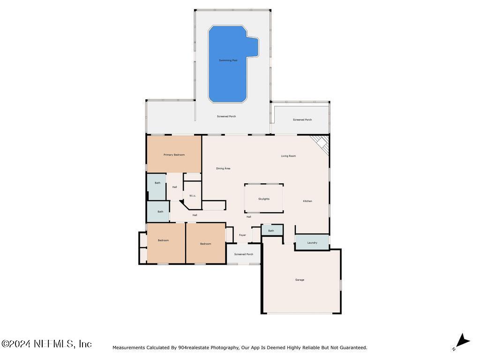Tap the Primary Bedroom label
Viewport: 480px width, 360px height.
174,155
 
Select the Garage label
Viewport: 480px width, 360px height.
300,280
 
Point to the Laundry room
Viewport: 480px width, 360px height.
312,242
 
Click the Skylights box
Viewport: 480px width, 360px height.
264,199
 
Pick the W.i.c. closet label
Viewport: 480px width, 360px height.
192,195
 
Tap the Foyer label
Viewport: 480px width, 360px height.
242,235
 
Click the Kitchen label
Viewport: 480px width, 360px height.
307,201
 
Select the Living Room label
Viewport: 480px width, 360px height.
288,156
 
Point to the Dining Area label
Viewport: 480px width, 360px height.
223,168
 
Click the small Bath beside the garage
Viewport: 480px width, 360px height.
271,231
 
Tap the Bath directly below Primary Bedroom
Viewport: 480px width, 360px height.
157,183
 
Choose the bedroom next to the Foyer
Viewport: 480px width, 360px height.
206,244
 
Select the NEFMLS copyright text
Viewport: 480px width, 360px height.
46,344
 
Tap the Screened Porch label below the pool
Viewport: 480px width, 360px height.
226,116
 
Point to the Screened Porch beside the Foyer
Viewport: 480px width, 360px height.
244,254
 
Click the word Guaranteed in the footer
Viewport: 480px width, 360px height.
351,348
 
